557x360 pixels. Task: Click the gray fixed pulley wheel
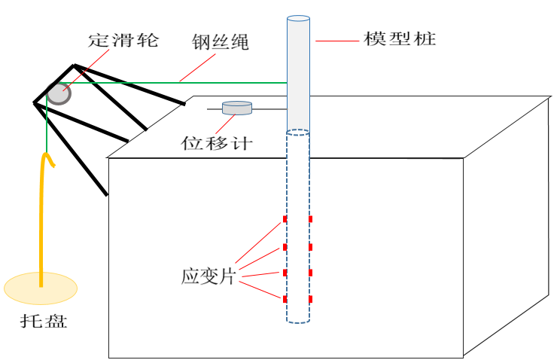58,93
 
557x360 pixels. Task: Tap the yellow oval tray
41,287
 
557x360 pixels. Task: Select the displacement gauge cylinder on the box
237,108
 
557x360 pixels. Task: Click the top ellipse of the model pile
298,18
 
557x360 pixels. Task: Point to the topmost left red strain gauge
285,220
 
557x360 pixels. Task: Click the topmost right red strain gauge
310,220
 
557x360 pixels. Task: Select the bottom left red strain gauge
285,300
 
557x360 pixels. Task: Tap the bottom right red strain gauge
310,300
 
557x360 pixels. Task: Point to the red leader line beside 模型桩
335,41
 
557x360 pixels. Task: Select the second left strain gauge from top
285,247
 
